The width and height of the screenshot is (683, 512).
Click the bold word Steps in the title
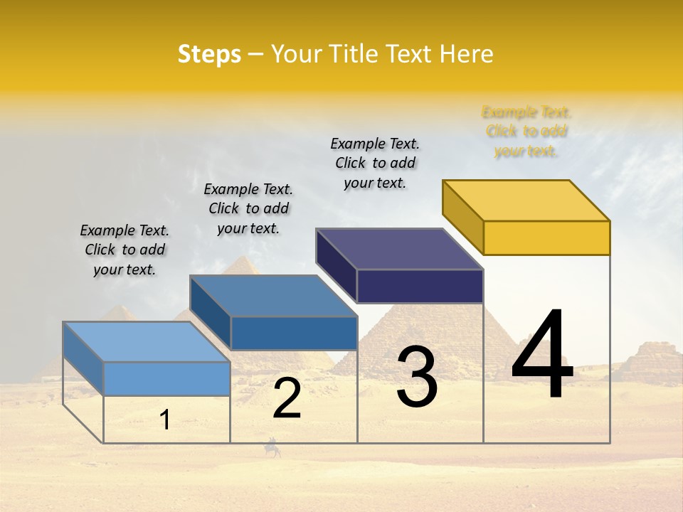pos(209,54)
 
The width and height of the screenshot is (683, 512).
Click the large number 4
pos(542,355)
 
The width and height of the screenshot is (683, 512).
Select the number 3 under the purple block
pos(417,377)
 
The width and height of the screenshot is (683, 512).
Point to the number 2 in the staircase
pos(287,398)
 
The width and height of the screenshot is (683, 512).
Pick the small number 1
pos(165,420)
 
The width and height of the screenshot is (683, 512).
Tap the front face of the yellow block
pos(546,238)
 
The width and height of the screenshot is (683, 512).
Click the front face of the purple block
pos(420,286)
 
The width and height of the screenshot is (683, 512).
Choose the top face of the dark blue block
pos(273,296)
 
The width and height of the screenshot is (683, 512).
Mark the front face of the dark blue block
pos(294,333)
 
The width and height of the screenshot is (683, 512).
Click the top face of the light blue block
pos(147,342)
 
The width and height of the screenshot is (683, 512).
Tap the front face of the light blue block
pos(166,378)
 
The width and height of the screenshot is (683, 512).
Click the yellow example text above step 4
pos(526,132)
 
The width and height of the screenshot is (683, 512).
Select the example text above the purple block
pos(375,163)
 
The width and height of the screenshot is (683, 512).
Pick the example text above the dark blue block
pos(248,208)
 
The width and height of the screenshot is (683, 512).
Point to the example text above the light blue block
pos(125,250)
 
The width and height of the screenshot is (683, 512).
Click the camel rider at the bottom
pos(272,448)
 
